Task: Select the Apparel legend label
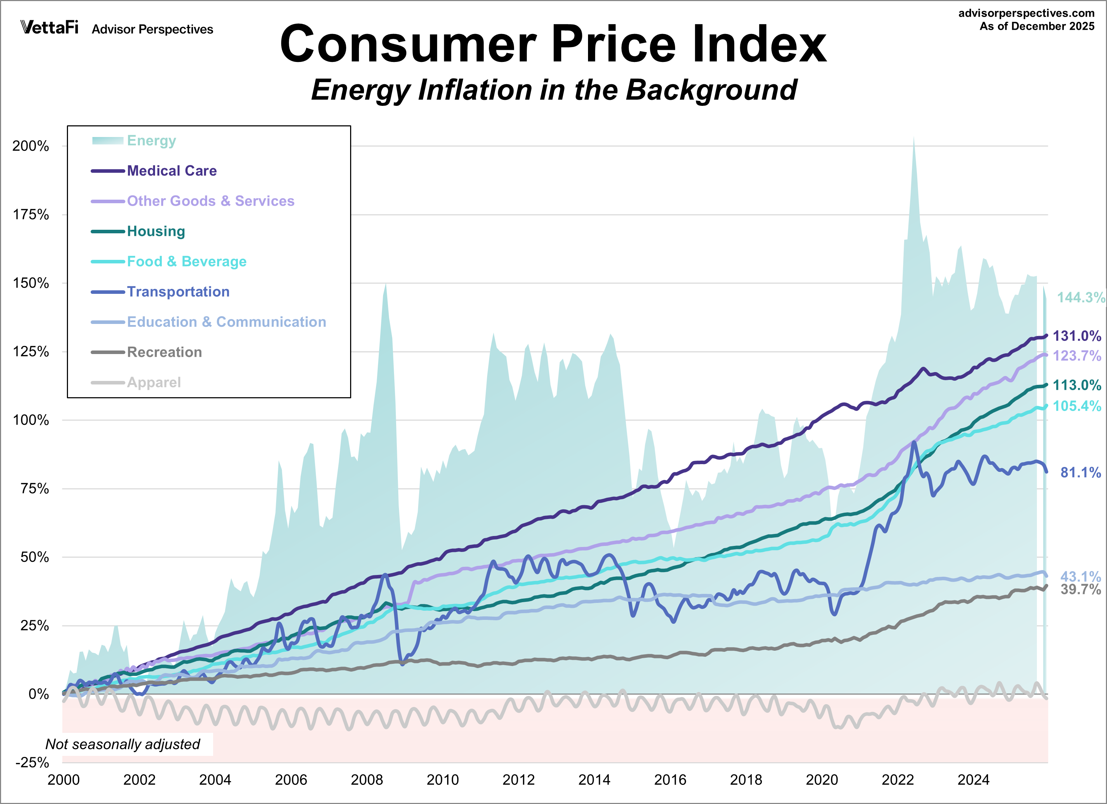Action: coord(154,382)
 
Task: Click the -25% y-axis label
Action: coord(32,763)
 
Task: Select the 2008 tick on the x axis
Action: coord(366,780)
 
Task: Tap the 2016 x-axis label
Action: coord(670,780)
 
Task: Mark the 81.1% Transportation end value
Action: coord(1080,473)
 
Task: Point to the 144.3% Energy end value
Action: coord(1080,297)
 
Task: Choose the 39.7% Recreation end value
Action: coord(1080,590)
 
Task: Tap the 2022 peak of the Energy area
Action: coord(914,138)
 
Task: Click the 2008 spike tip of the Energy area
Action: coord(386,284)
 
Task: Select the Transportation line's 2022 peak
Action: coord(914,442)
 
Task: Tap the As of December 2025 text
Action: coord(1037,26)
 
